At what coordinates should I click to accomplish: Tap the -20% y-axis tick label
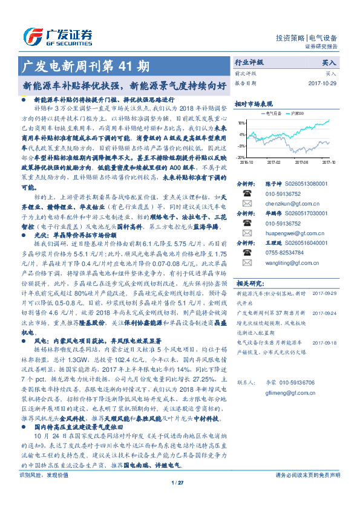tap(241, 157)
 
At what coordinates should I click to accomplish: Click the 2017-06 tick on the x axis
tap(301, 162)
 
